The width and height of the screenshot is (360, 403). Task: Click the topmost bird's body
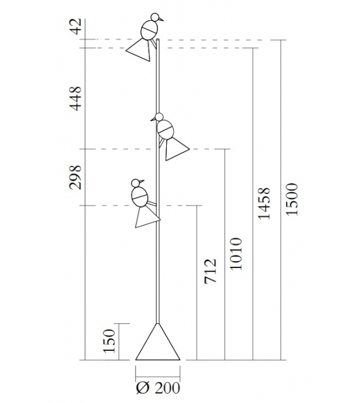(149, 30)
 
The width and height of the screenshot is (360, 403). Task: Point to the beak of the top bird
(162, 19)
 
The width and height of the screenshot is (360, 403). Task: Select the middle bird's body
(166, 129)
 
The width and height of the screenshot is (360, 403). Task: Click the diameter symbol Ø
(142, 388)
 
